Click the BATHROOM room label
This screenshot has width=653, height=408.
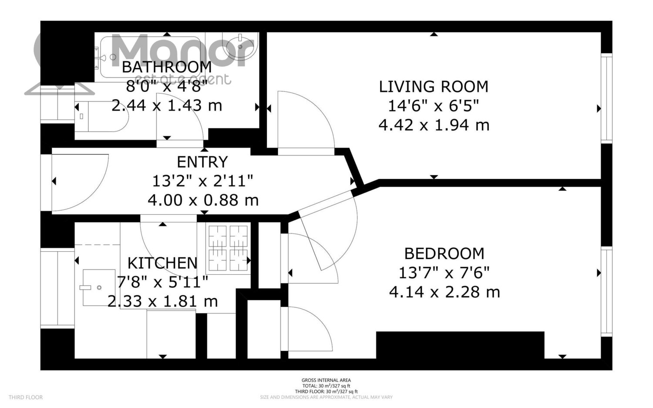pos(167,67)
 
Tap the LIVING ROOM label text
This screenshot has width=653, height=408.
pos(434,87)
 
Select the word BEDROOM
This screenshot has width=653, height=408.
pos(444,254)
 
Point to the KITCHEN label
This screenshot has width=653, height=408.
pos(162,263)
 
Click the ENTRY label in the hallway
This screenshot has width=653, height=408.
pos(202,162)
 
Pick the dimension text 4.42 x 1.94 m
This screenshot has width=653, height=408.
pos(434,125)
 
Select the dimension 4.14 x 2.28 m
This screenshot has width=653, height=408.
pos(444,292)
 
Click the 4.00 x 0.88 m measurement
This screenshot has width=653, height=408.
pos(203,200)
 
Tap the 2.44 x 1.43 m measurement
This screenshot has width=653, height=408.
pos(167,105)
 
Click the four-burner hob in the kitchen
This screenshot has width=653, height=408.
pos(228,248)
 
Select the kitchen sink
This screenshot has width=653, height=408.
pos(99,287)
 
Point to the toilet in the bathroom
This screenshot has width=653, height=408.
pos(101,116)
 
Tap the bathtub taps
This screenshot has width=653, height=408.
pos(99,58)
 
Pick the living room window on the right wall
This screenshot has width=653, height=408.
pos(607,98)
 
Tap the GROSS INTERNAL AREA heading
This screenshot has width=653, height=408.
pos(326,380)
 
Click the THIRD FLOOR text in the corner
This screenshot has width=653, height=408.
pos(26,397)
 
